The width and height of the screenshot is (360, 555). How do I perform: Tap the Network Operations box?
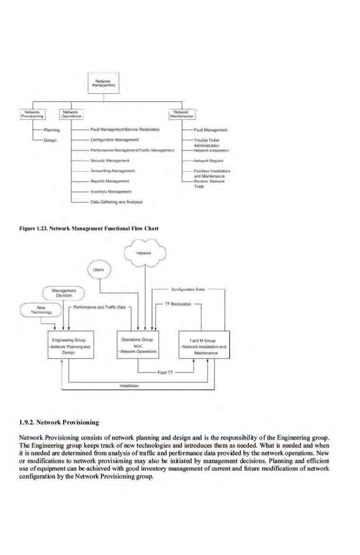click(72, 114)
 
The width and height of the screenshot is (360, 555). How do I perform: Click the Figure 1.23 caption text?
click(89, 228)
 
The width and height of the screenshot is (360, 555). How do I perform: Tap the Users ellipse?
click(99, 270)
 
